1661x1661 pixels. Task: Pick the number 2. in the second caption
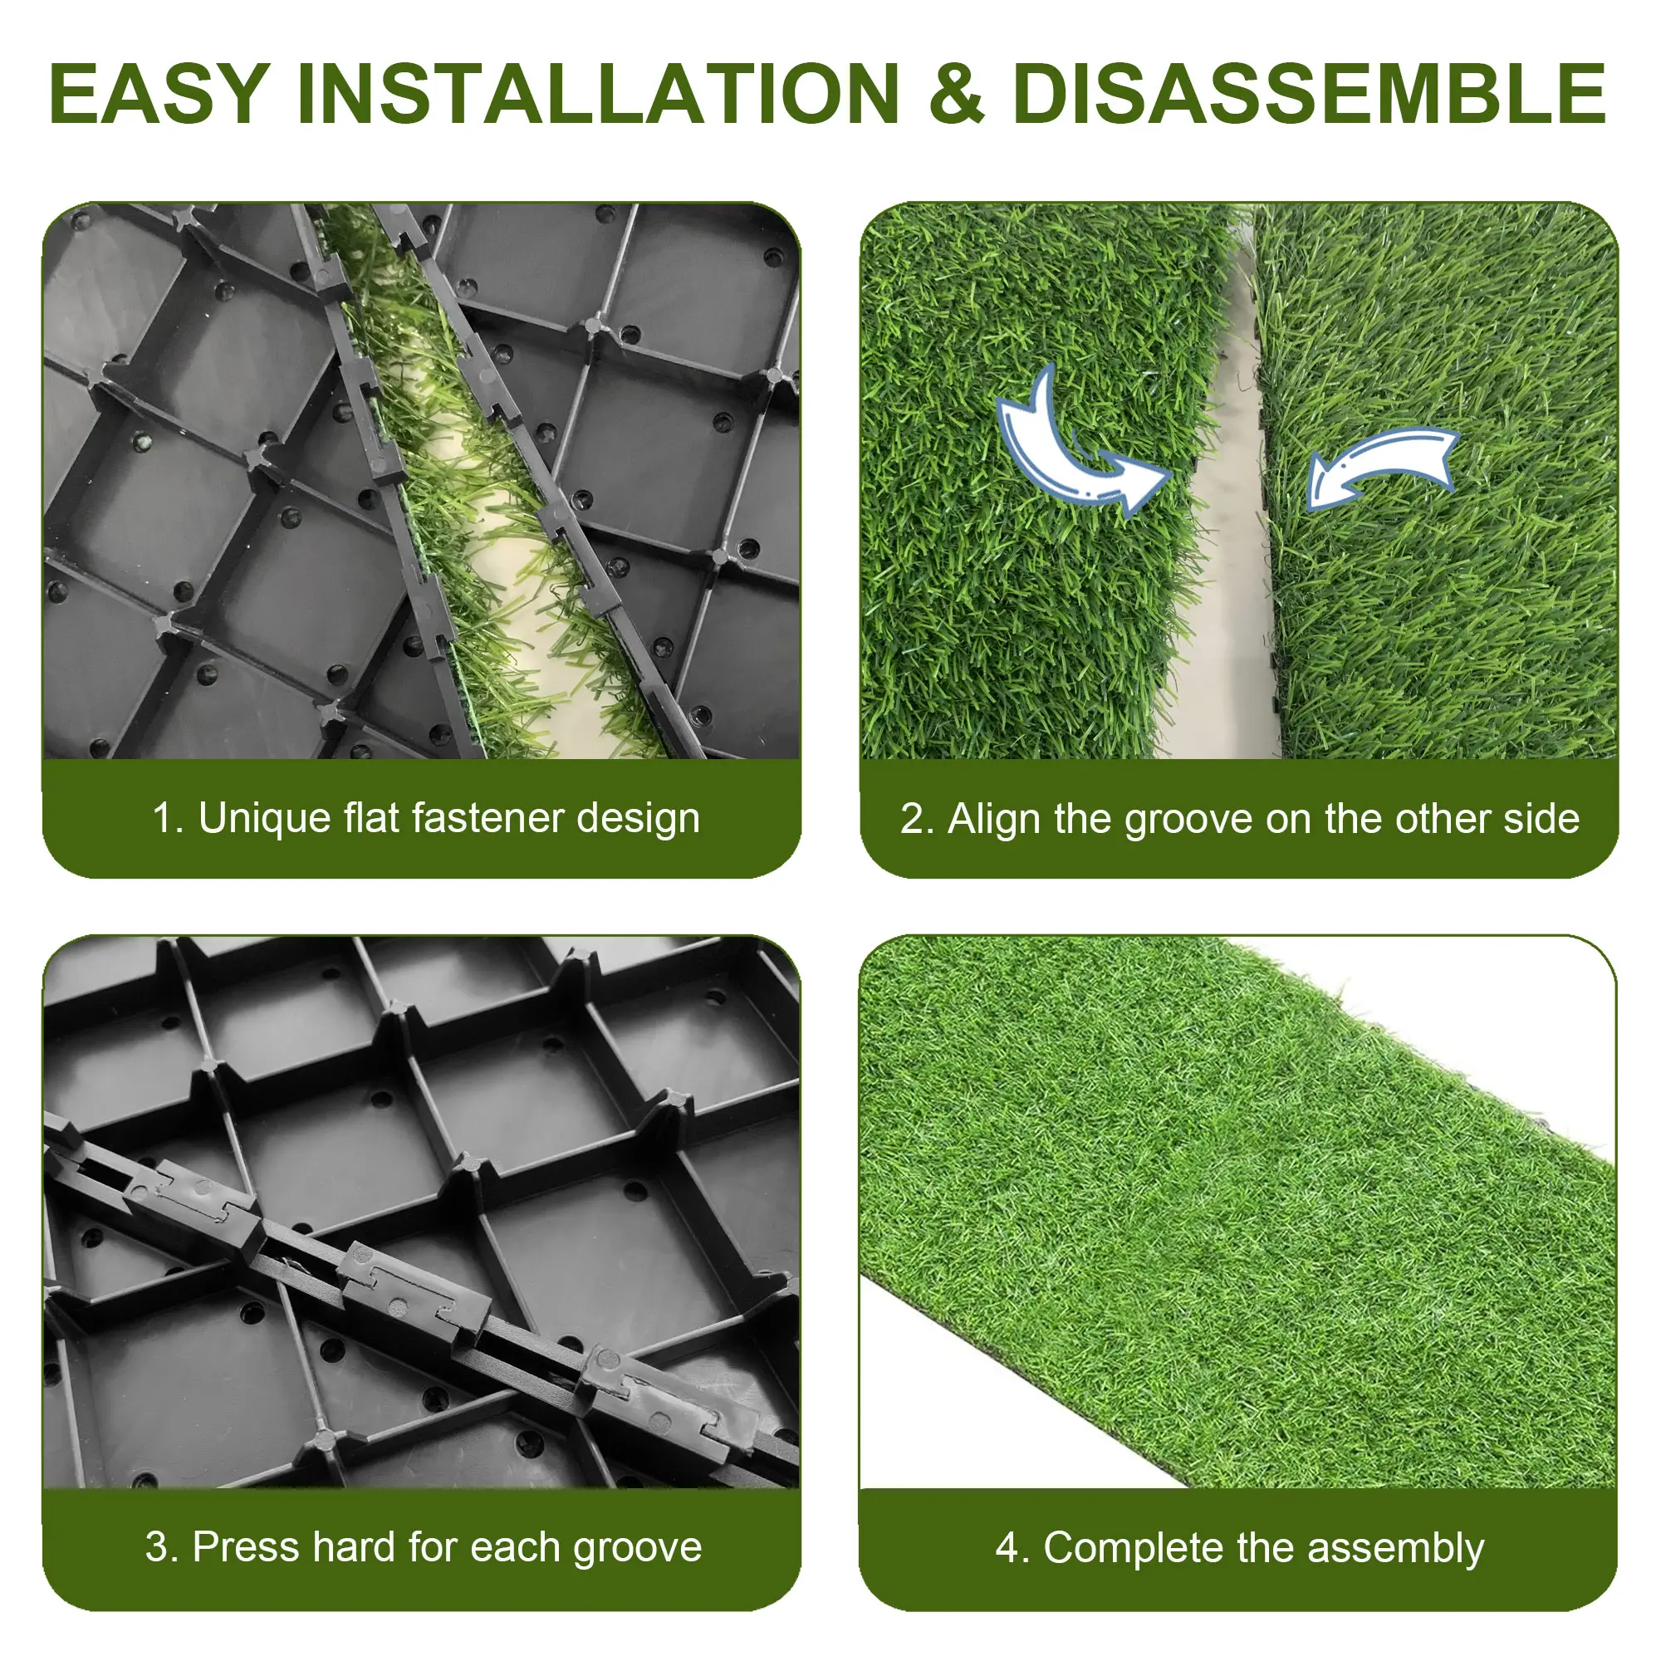point(918,820)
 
